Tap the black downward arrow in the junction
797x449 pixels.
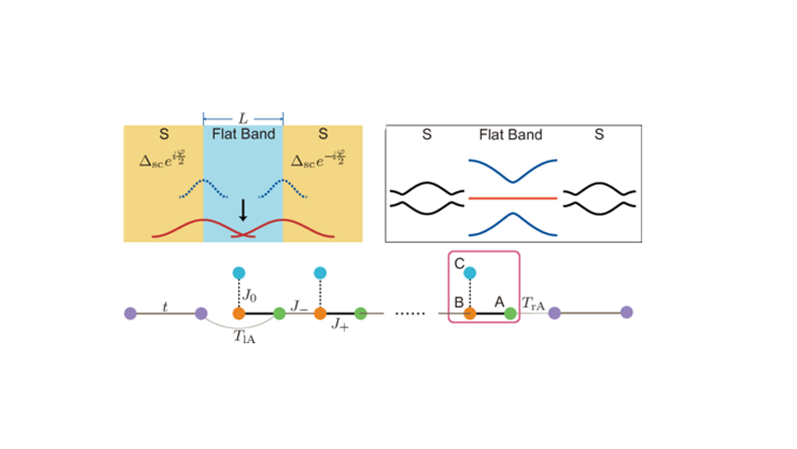(x=243, y=210)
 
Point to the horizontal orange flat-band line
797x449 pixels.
(x=512, y=198)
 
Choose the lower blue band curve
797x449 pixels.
(x=512, y=224)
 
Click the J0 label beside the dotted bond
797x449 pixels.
(x=250, y=296)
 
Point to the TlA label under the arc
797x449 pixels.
(x=245, y=338)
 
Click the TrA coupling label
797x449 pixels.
(x=533, y=302)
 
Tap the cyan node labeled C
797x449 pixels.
(x=470, y=273)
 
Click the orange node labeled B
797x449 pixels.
(x=470, y=314)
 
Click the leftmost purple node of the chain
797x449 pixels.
(x=130, y=314)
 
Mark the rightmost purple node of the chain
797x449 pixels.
(x=626, y=313)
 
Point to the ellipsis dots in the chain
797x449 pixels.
(x=409, y=314)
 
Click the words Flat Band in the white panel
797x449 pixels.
(x=511, y=135)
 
